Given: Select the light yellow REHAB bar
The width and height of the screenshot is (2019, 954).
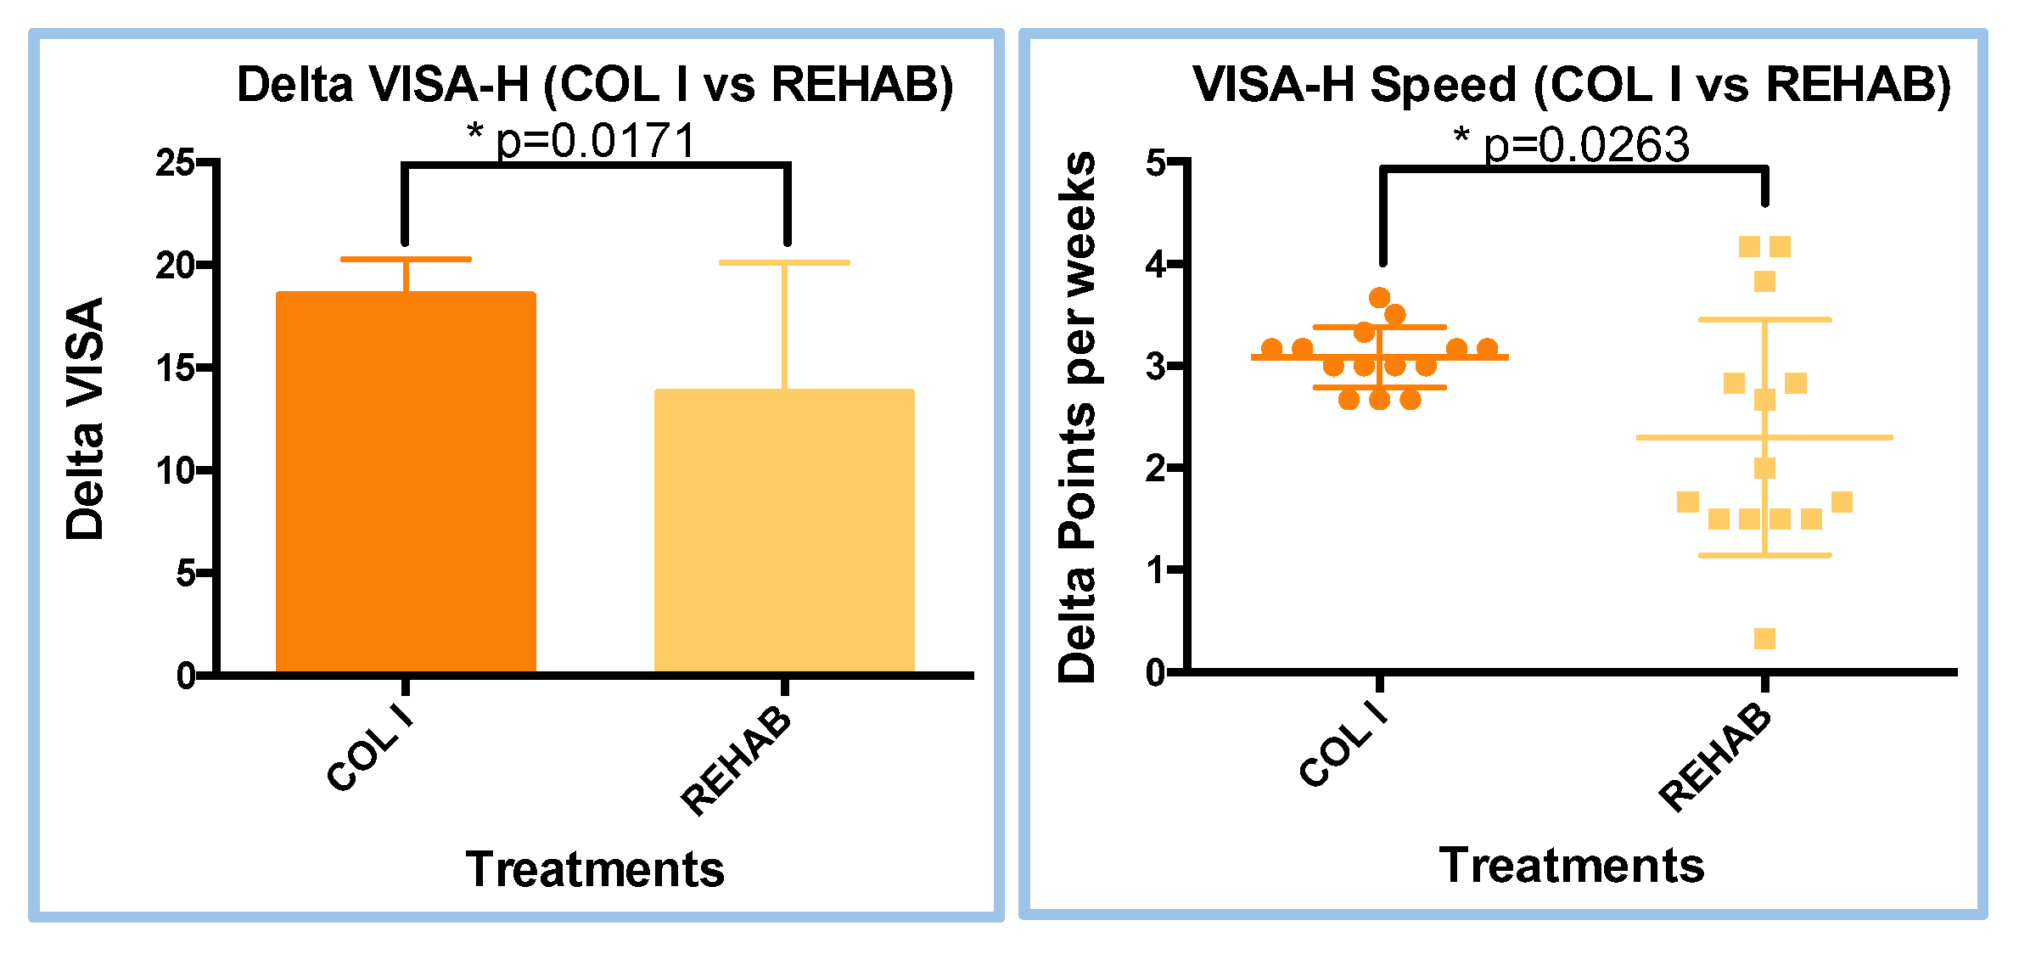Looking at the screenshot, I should [784, 530].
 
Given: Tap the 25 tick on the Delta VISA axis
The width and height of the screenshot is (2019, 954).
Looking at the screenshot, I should [175, 162].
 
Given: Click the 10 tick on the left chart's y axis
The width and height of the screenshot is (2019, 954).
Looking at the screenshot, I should [175, 470].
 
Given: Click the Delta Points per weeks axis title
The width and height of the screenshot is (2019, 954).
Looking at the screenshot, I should [1077, 418].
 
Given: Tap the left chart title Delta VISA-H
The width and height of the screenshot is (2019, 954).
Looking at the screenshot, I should [594, 85].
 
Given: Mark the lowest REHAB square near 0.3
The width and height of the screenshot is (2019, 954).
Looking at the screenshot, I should [1764, 638].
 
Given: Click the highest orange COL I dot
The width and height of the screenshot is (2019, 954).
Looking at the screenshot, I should [1379, 297].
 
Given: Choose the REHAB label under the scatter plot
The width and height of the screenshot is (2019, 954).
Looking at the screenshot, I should [1716, 758].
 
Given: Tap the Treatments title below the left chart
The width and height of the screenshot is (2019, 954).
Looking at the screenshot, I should [594, 869].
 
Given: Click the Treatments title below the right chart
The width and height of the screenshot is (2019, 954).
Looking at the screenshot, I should [1572, 866].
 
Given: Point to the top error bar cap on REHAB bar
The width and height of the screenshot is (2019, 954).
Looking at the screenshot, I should [784, 263].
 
